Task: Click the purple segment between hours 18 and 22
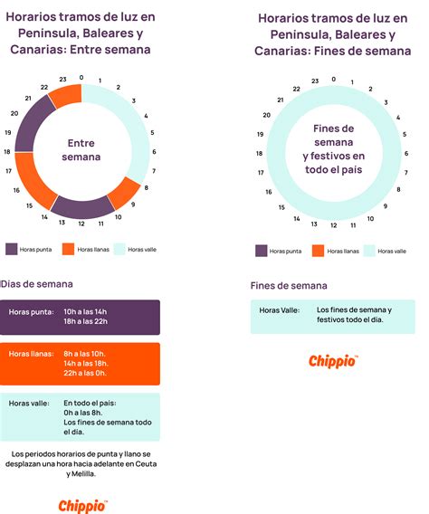click(x=30, y=124)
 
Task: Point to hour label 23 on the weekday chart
click(x=62, y=80)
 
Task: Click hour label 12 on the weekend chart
click(x=334, y=225)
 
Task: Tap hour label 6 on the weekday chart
click(x=154, y=152)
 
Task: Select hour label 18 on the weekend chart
click(x=259, y=154)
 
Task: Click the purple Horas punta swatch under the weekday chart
click(x=12, y=249)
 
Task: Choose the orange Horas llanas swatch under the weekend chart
click(x=318, y=251)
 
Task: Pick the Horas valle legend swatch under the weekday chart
click(x=119, y=249)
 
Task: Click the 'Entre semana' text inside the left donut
click(x=81, y=150)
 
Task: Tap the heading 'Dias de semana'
click(x=37, y=284)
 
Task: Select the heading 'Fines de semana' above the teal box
click(x=289, y=286)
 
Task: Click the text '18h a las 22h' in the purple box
click(x=86, y=321)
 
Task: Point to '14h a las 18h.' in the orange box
click(x=86, y=363)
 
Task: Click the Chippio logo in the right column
click(x=333, y=362)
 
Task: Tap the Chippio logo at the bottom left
click(x=82, y=506)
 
